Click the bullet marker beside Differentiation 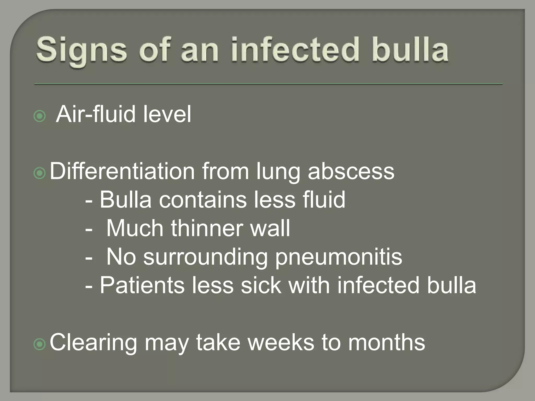(x=40, y=173)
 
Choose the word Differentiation (x=122, y=171)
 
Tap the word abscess (x=351, y=171)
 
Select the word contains (x=203, y=200)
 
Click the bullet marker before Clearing (x=40, y=344)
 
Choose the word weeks (x=281, y=342)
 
